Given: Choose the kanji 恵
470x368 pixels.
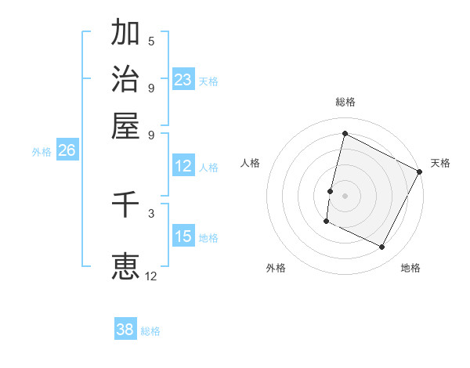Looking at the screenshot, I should (x=125, y=265).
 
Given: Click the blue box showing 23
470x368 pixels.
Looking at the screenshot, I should (x=183, y=80).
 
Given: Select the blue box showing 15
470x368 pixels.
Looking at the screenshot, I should (x=183, y=236).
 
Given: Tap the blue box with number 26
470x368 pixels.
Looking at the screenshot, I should (x=67, y=151).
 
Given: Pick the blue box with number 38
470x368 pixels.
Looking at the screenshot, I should (x=125, y=330).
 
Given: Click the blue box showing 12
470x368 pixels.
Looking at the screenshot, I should (x=183, y=166).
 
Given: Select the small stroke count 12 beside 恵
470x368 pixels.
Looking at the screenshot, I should (x=151, y=276).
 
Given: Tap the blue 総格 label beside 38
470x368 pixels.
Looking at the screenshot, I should (x=150, y=331).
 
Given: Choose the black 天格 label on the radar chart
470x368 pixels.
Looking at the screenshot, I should (x=440, y=163).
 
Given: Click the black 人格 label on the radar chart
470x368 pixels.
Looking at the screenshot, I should (x=251, y=163).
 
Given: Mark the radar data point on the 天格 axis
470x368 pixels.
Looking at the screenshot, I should (x=420, y=171).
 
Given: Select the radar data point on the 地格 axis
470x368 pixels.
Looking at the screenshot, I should (x=382, y=247).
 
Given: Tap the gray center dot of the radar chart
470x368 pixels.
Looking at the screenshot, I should (x=345, y=195).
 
